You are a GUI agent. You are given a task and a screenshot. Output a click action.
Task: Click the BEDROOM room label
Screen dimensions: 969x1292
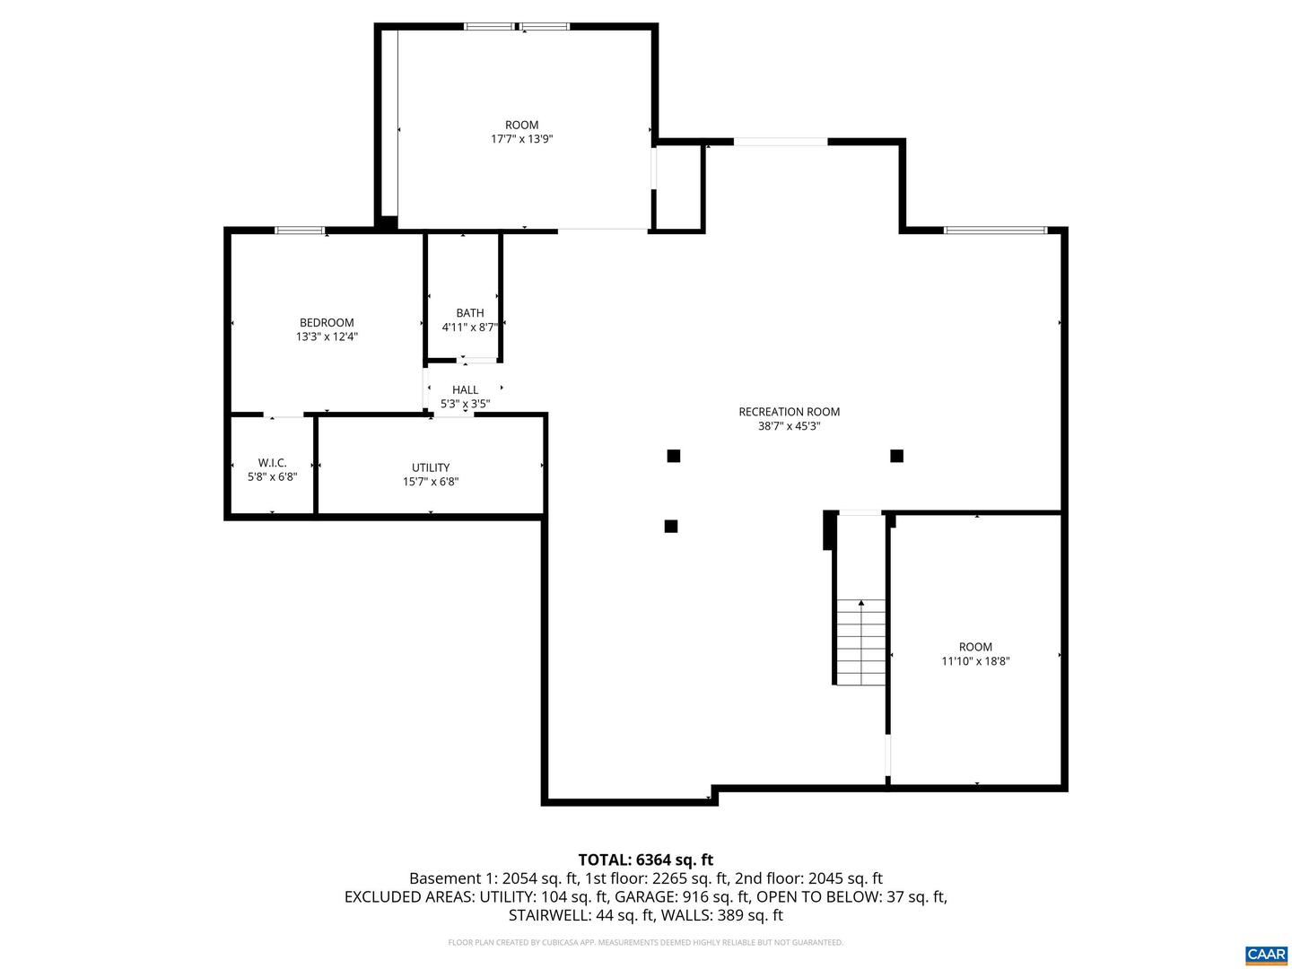point(327,323)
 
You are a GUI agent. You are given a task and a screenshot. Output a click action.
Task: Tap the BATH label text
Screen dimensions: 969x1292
point(469,313)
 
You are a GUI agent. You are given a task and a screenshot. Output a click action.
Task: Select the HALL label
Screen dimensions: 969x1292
point(465,389)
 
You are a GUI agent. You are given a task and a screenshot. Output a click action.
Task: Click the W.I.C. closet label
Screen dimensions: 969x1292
point(272,463)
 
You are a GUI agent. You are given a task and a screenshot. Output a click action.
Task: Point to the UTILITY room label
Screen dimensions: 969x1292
point(431,467)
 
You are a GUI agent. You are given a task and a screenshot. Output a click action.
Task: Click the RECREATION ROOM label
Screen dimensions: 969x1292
point(789,412)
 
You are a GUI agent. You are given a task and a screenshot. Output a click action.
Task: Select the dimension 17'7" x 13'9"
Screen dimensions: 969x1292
point(521,139)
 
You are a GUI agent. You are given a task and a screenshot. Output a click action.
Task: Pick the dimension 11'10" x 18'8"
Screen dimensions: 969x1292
point(975,661)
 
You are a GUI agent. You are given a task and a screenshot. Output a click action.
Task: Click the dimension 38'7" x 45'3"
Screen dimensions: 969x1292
point(789,427)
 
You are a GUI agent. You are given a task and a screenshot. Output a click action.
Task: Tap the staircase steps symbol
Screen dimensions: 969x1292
point(861,642)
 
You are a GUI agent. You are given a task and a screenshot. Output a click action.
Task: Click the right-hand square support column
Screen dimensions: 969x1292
point(896,456)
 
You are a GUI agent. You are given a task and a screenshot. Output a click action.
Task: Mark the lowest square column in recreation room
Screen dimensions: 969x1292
point(670,527)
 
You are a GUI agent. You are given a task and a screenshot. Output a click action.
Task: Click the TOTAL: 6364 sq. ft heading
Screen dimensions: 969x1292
point(645,860)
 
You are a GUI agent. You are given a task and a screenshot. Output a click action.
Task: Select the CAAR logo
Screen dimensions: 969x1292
point(1265,954)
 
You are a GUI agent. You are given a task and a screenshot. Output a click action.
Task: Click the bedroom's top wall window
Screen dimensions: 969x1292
point(300,231)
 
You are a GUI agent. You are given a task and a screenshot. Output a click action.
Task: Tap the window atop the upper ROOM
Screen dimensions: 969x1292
point(517,26)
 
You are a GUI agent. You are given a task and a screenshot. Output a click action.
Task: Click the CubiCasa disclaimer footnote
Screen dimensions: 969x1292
point(645,943)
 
